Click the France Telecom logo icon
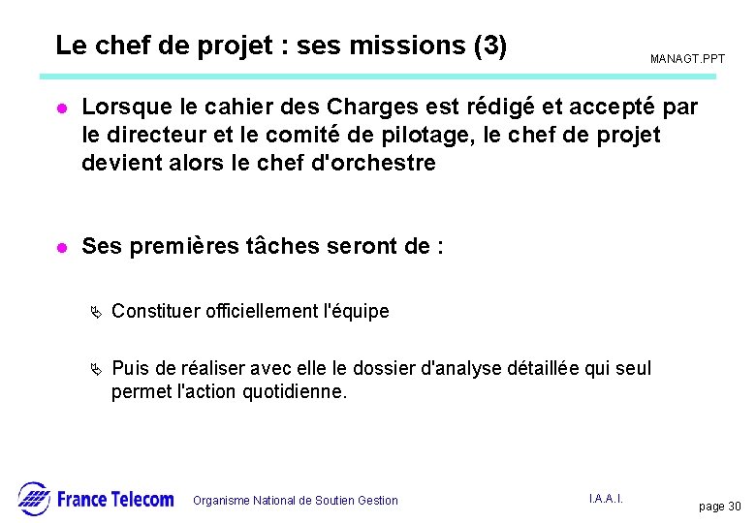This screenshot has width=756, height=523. [34, 498]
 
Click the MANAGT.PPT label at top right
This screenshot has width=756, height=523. [687, 60]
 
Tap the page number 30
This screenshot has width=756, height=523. [732, 507]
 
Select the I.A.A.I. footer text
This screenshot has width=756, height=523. [606, 498]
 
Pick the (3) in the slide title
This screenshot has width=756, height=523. [490, 46]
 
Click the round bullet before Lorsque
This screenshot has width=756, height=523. [61, 106]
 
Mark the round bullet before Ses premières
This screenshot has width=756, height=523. [61, 247]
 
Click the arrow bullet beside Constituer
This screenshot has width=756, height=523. [95, 312]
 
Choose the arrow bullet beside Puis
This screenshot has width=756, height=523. [95, 369]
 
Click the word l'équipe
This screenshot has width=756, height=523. [359, 311]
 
